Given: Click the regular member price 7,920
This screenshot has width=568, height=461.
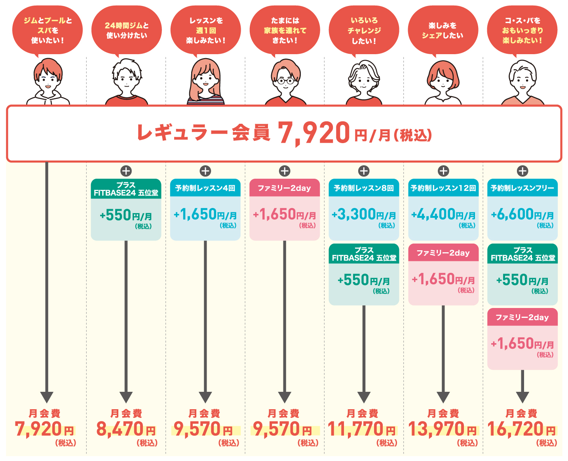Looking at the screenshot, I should (x=313, y=133).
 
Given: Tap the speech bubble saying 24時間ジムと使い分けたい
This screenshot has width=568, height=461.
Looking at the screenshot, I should (x=127, y=30).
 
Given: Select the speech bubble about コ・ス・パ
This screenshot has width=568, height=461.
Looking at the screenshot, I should (x=522, y=30).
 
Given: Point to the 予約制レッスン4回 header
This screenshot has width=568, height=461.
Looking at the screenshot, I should (x=205, y=188).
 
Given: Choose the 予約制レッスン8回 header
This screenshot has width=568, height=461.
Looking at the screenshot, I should (x=364, y=188).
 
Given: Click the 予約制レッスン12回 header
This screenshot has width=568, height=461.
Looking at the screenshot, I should (x=443, y=188).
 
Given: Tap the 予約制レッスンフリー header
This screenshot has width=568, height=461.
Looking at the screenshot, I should (x=522, y=188).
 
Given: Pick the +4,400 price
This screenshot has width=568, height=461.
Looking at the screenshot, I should (x=434, y=215).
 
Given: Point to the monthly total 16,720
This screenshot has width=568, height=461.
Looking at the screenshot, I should (x=515, y=429).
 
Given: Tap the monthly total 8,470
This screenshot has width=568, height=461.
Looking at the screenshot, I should (x=120, y=429).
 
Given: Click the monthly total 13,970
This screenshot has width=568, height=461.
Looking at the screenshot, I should (x=436, y=429).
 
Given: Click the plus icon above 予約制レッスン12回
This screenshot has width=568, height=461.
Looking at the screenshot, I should (x=443, y=171).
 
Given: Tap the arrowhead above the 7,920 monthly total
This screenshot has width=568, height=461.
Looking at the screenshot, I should (x=47, y=397).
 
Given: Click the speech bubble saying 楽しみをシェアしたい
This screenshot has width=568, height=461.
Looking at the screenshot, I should (x=443, y=30).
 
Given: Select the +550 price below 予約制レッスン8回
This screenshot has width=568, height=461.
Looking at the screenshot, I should (x=354, y=280).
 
